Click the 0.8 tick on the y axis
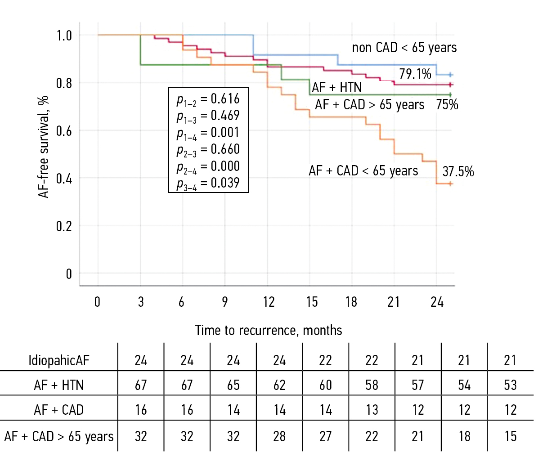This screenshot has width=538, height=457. (x=64, y=83)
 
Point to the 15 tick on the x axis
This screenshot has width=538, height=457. (x=312, y=301)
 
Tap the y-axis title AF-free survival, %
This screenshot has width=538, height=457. (x=44, y=147)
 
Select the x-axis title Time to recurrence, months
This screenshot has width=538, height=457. (x=269, y=331)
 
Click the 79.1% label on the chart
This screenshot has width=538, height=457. (x=415, y=74)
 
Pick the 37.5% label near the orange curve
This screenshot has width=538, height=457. (x=458, y=171)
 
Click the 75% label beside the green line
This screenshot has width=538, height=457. (x=447, y=104)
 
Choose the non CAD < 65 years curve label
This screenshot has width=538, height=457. (x=404, y=48)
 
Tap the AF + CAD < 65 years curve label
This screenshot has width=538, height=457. (x=363, y=171)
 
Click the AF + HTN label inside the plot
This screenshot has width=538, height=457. (x=337, y=87)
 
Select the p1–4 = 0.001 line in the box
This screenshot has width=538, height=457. (x=208, y=133)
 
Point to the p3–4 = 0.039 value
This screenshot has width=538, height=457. (x=208, y=184)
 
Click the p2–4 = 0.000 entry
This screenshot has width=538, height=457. (x=208, y=167)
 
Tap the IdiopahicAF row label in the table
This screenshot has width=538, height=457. (x=59, y=360)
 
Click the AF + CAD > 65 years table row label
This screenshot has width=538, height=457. (x=59, y=436)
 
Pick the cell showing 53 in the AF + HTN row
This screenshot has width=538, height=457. (x=511, y=385)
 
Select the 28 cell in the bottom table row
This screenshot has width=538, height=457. (x=279, y=436)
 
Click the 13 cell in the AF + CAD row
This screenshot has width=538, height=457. (x=372, y=410)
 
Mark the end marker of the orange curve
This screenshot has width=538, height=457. (x=450, y=184)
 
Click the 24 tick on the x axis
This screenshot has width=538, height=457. (x=437, y=301)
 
